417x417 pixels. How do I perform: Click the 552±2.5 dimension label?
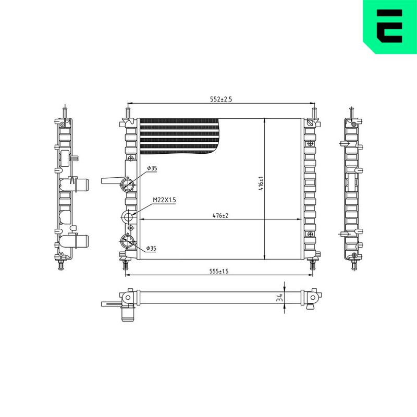(x=221, y=99)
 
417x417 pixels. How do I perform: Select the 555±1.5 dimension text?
(x=219, y=271)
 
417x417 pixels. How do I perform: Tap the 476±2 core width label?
(x=220, y=216)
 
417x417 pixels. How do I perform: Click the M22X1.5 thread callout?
(x=164, y=200)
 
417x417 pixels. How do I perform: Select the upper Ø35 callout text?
(x=152, y=168)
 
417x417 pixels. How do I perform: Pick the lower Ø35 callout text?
(x=151, y=249)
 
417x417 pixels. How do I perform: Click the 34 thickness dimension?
(x=279, y=298)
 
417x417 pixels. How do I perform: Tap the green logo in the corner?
(x=390, y=27)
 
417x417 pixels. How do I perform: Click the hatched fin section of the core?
(x=179, y=137)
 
